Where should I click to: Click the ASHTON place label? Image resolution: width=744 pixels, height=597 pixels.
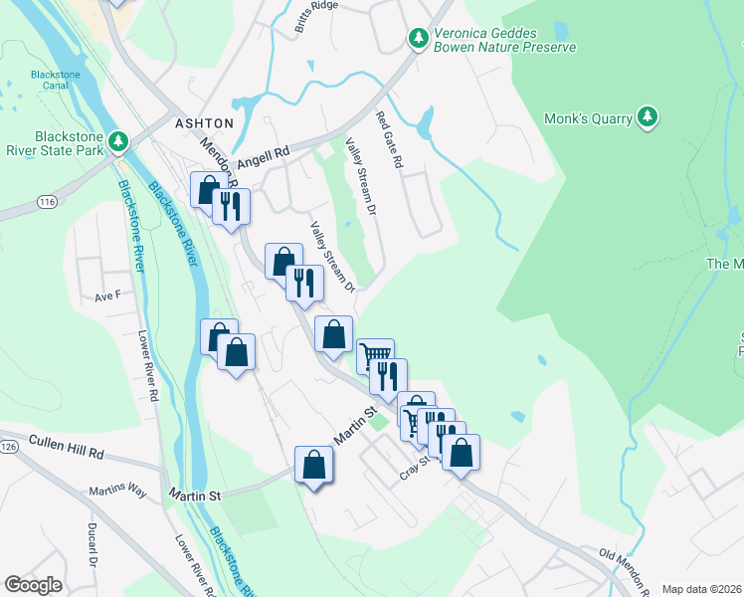pyautogui.click(x=204, y=123)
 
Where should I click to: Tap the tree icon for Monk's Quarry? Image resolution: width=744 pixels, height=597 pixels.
pyautogui.click(x=648, y=117)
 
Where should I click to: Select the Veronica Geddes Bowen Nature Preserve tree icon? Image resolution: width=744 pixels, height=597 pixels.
pyautogui.click(x=419, y=38)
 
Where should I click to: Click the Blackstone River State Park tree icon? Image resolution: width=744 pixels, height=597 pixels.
pyautogui.click(x=118, y=141)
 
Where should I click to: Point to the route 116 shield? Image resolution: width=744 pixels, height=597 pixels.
pyautogui.click(x=46, y=201)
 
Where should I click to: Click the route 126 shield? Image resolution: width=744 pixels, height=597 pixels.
pyautogui.click(x=6, y=447)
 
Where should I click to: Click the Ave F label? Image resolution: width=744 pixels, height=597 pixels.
pyautogui.click(x=106, y=296)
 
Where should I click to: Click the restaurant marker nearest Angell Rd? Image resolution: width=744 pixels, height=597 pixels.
pyautogui.click(x=231, y=206)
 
